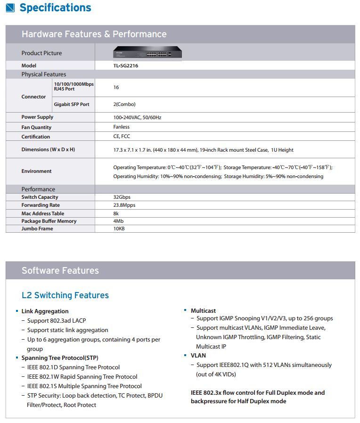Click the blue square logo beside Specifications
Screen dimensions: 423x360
point(9,8)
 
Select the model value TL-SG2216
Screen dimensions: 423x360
point(126,66)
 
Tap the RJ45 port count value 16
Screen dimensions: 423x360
point(116,87)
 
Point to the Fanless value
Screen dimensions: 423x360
point(121,127)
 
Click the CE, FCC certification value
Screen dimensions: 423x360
point(122,137)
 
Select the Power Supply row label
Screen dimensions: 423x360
point(37,117)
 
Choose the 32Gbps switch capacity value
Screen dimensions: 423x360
point(122,197)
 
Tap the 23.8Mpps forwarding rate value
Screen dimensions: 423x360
point(124,205)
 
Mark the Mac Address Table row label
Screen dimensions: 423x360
point(43,213)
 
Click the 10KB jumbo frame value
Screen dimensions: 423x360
point(119,228)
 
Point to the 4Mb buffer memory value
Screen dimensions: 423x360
point(118,221)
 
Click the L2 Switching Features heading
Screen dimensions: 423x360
point(65,295)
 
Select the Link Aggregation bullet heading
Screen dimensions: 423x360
point(45,311)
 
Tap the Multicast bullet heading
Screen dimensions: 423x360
point(203,311)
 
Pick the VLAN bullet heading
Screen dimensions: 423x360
point(198,356)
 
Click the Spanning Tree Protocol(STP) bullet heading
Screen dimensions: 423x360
point(60,358)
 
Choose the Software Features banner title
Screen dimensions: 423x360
point(60,270)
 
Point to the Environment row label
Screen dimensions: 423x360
point(36,171)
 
